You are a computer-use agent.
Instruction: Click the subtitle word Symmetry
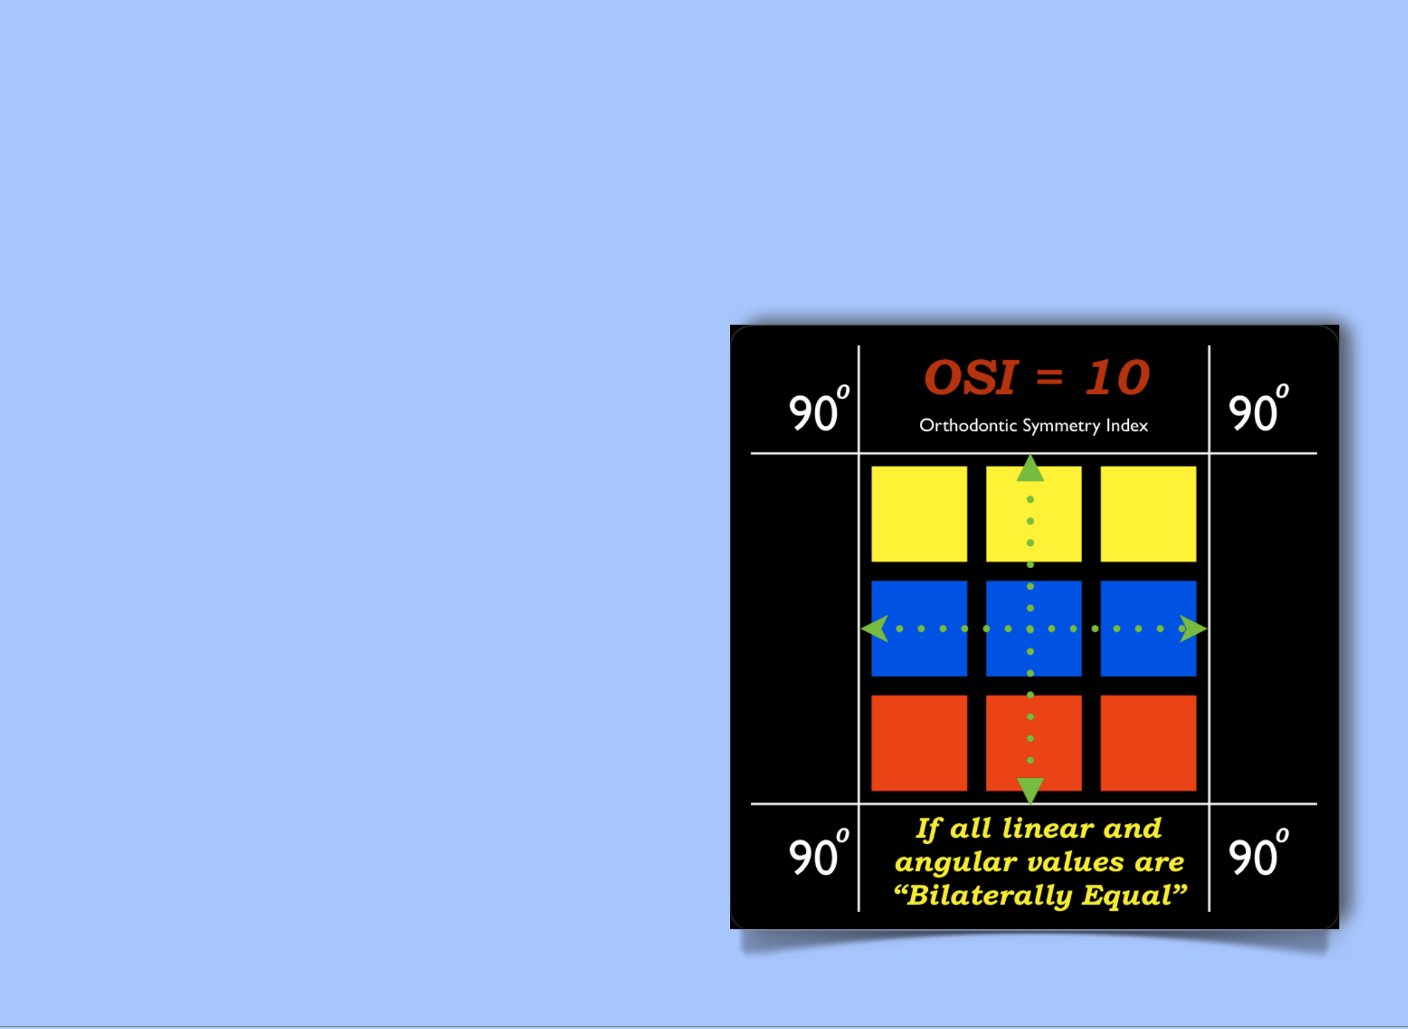[x=1061, y=426]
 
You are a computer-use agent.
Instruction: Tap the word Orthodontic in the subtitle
[x=968, y=425]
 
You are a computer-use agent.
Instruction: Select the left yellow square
[x=919, y=514]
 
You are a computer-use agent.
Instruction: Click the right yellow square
[x=1148, y=514]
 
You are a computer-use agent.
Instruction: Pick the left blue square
[x=919, y=629]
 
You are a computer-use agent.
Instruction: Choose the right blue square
[x=1148, y=629]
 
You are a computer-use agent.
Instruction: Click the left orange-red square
[x=919, y=743]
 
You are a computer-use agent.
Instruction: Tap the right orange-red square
[x=1148, y=743]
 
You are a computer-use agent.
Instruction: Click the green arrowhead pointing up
[x=1030, y=470]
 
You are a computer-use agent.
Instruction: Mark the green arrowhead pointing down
[x=1030, y=790]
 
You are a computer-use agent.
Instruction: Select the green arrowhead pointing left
[x=875, y=629]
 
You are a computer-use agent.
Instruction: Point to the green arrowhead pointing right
[x=1193, y=629]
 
